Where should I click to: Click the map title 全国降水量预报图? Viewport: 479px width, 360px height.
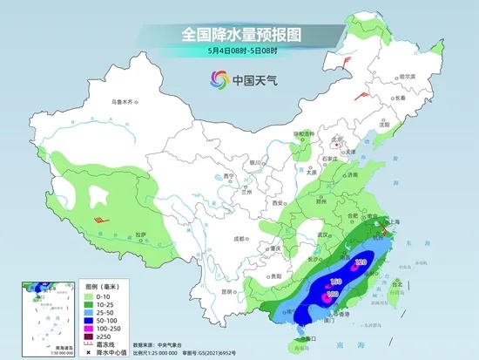pos(240,35)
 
